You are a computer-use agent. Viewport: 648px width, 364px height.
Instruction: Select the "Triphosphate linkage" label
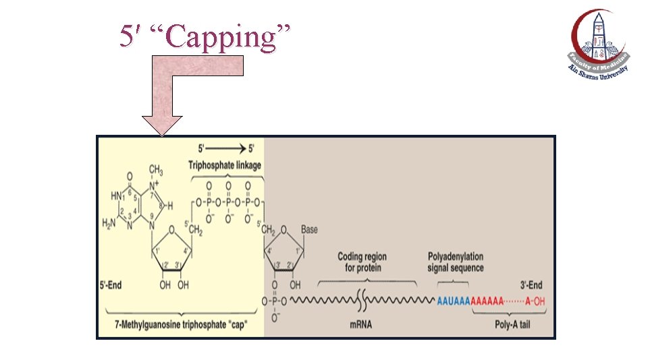click(x=225, y=165)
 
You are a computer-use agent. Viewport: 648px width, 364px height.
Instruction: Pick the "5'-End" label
click(x=112, y=285)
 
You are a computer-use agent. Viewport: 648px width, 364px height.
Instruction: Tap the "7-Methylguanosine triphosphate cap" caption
click(x=180, y=324)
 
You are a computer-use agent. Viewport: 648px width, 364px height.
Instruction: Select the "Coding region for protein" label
click(x=362, y=262)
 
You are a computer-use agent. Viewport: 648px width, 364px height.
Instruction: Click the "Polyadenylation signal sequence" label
click(x=456, y=262)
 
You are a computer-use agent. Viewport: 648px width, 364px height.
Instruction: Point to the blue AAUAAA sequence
click(x=453, y=301)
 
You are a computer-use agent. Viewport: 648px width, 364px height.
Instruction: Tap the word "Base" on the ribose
click(x=309, y=230)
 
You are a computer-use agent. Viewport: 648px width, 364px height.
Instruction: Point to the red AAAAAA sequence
click(x=486, y=301)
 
